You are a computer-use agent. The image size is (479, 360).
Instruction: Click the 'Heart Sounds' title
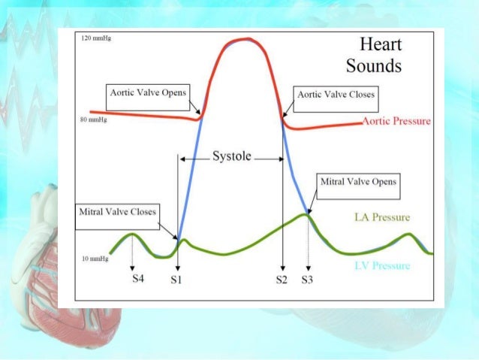point(373,56)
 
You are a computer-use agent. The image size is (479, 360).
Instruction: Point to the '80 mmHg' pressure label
point(93,120)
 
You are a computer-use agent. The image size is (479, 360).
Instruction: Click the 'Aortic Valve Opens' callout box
point(149,96)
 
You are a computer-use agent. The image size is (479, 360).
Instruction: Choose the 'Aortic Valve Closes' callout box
point(336,95)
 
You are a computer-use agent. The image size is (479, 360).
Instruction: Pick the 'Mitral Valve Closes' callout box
point(118,212)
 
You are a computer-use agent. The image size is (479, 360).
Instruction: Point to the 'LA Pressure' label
point(381,218)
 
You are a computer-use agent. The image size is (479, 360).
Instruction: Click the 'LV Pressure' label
point(381,266)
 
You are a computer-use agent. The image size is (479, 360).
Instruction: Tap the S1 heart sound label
point(177,280)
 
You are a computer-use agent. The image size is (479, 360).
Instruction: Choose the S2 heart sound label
point(282,280)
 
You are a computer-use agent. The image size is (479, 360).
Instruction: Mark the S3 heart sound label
point(308,280)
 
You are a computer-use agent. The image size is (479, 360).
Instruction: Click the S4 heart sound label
point(132,280)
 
